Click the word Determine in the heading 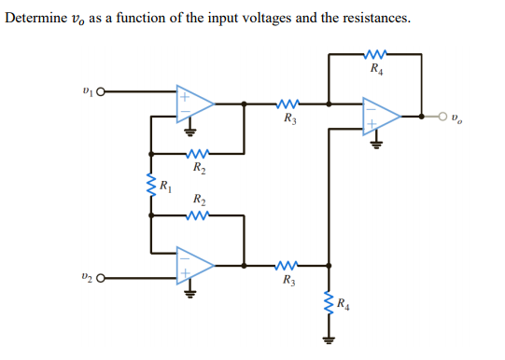click(35, 19)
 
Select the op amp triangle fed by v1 click(195, 104)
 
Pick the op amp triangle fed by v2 click(195, 265)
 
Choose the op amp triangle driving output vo click(383, 118)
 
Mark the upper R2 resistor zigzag click(198, 154)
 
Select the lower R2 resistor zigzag click(198, 215)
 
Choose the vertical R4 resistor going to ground click(328, 304)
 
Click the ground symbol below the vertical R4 click(328, 339)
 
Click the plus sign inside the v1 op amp click(185, 95)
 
